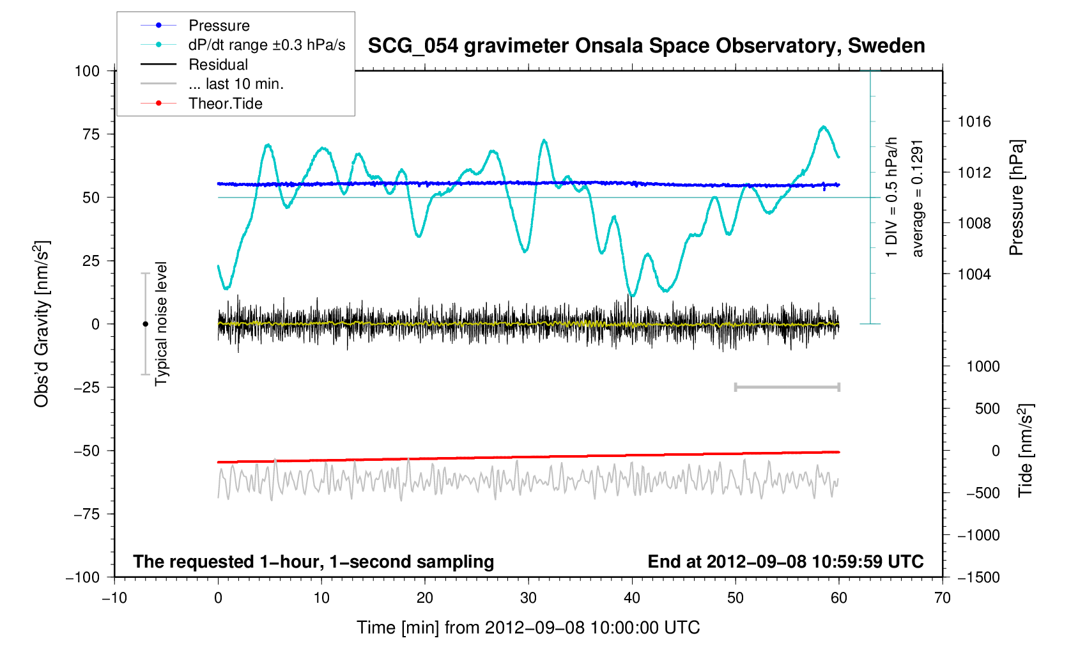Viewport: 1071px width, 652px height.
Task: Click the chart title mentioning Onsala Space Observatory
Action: [646, 46]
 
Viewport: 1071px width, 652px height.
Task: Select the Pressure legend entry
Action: [219, 26]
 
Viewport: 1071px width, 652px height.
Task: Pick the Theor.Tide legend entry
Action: [225, 104]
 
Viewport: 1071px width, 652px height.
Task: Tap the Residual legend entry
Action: [218, 65]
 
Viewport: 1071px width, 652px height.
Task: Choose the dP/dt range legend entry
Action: [266, 45]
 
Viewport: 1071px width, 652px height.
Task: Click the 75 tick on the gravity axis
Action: [87, 134]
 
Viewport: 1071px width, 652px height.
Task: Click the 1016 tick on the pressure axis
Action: [975, 121]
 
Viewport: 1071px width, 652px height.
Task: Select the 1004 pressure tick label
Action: [975, 274]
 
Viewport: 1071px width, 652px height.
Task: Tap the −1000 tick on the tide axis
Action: [978, 536]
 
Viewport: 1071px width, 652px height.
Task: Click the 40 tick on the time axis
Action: [632, 598]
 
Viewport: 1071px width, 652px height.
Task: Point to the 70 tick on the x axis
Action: [942, 598]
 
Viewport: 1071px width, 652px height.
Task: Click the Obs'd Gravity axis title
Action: [42, 324]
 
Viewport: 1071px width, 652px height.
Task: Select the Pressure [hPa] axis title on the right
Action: [1016, 198]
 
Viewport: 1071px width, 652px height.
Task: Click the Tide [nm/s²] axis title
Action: [1025, 451]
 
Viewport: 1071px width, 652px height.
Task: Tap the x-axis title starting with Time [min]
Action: [528, 628]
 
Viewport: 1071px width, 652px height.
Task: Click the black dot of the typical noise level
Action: [145, 324]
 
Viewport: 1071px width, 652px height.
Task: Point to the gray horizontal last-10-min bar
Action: [787, 387]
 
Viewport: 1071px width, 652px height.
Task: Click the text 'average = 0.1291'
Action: [918, 198]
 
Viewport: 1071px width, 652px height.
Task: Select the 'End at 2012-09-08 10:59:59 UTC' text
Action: [785, 562]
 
